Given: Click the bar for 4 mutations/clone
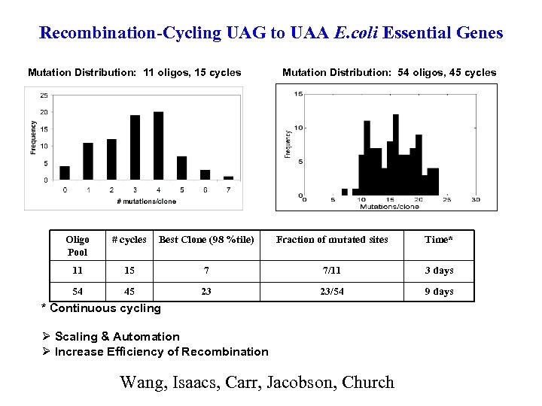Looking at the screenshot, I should (158, 146).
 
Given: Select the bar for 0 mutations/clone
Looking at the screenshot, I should (65, 173).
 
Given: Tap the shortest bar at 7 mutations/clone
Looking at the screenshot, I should (228, 178).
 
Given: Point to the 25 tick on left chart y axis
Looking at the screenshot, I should (44, 95).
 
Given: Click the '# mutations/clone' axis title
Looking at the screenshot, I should (147, 201).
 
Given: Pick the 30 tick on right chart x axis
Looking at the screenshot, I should (475, 199).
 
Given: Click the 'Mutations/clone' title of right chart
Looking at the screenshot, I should (389, 205).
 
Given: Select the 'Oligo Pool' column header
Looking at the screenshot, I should (78, 246).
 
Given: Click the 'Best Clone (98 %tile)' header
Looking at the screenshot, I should (206, 240).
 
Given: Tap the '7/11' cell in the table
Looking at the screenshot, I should (332, 270).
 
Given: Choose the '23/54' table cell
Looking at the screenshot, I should (332, 291).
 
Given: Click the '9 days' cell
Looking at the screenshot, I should (439, 291).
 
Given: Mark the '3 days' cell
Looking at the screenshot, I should (439, 270).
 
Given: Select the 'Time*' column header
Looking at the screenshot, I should (439, 240).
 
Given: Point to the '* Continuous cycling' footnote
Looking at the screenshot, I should (101, 308).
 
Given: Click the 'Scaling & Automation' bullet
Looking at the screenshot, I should (117, 337).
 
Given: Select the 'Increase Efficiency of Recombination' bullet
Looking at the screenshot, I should (161, 351).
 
